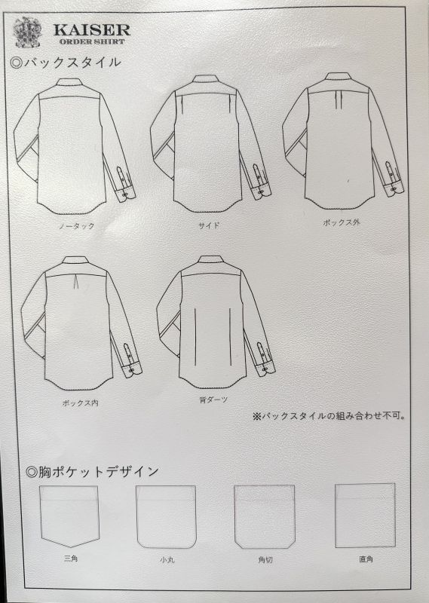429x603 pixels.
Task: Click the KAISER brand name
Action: coord(92,30)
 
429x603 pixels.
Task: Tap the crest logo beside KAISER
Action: coord(27,32)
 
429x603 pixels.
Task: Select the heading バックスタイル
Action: coord(66,63)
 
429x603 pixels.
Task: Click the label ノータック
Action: coord(77,226)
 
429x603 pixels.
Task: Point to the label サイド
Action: coord(209,225)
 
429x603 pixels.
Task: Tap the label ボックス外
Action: coord(342,222)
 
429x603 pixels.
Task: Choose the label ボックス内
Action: coord(80,403)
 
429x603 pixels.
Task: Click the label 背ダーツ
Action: coord(213,400)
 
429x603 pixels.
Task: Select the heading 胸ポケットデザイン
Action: coord(92,472)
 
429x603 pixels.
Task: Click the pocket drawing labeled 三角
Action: coord(69,516)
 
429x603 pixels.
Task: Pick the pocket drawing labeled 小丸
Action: coord(166,516)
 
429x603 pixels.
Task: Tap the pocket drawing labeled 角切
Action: coord(265,516)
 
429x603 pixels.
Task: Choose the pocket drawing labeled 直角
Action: coord(365,516)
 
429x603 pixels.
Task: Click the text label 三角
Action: coord(71,558)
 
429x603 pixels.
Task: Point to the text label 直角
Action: coord(366,559)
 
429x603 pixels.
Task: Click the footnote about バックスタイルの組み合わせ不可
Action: coord(329,416)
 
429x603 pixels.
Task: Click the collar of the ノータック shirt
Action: coord(68,82)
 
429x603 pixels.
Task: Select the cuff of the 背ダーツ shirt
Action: coord(266,368)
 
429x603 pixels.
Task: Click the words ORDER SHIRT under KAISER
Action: coord(92,41)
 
